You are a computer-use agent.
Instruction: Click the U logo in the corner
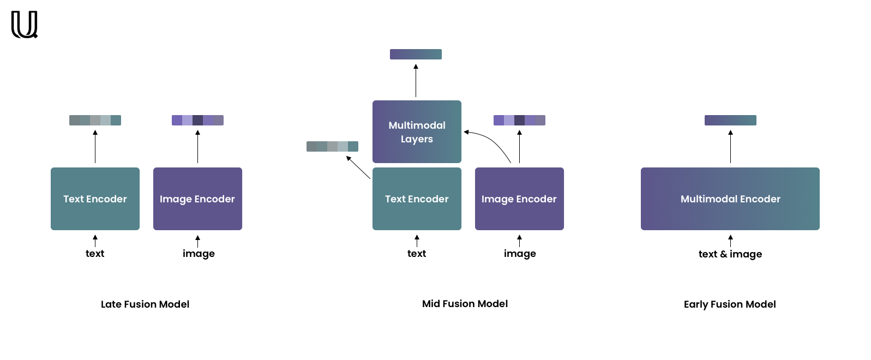pyautogui.click(x=25, y=25)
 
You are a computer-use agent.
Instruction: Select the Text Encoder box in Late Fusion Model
pyautogui.click(x=95, y=199)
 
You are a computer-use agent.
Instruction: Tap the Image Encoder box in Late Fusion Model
pyautogui.click(x=197, y=199)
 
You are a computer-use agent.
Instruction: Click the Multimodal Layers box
pyautogui.click(x=417, y=131)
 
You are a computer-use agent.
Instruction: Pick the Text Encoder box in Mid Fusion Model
pyautogui.click(x=417, y=199)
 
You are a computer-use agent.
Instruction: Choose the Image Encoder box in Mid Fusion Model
pyautogui.click(x=519, y=199)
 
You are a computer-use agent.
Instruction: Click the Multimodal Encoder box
pyautogui.click(x=730, y=199)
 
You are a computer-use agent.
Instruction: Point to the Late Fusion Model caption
pyautogui.click(x=145, y=304)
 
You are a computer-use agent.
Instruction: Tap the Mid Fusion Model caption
pyautogui.click(x=465, y=304)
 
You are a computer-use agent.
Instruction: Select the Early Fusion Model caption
pyautogui.click(x=730, y=304)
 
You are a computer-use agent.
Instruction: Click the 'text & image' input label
pyautogui.click(x=730, y=254)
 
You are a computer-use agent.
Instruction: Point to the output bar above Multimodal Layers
pyautogui.click(x=416, y=54)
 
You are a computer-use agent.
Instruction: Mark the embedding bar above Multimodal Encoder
pyautogui.click(x=730, y=120)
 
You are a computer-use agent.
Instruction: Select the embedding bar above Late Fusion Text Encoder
pyautogui.click(x=95, y=120)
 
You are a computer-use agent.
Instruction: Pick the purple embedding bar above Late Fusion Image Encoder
pyautogui.click(x=197, y=120)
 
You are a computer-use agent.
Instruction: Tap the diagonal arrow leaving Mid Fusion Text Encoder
pyautogui.click(x=358, y=167)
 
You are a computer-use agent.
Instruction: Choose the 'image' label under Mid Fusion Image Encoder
pyautogui.click(x=520, y=254)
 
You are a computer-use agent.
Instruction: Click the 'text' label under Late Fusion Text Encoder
pyautogui.click(x=95, y=254)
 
